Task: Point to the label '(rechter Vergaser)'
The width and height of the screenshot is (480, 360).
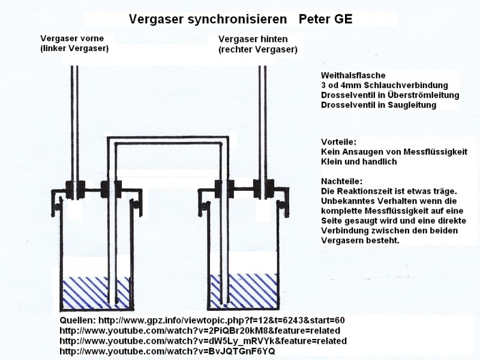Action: click(x=258, y=49)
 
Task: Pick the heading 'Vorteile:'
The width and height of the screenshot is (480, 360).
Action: click(x=338, y=142)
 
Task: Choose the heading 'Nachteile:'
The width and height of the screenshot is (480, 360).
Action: click(x=343, y=181)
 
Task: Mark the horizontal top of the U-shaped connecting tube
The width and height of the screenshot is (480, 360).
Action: click(x=169, y=141)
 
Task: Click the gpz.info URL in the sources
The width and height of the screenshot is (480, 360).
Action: click(x=221, y=320)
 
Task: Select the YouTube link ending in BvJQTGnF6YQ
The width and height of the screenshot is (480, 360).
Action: click(x=167, y=351)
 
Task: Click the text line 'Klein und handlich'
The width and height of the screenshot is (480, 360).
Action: click(x=359, y=162)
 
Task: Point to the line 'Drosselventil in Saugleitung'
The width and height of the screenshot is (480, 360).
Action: click(x=379, y=105)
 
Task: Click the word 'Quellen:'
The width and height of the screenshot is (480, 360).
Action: click(x=78, y=320)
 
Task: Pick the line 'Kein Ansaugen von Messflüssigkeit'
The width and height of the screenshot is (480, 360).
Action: click(x=394, y=152)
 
